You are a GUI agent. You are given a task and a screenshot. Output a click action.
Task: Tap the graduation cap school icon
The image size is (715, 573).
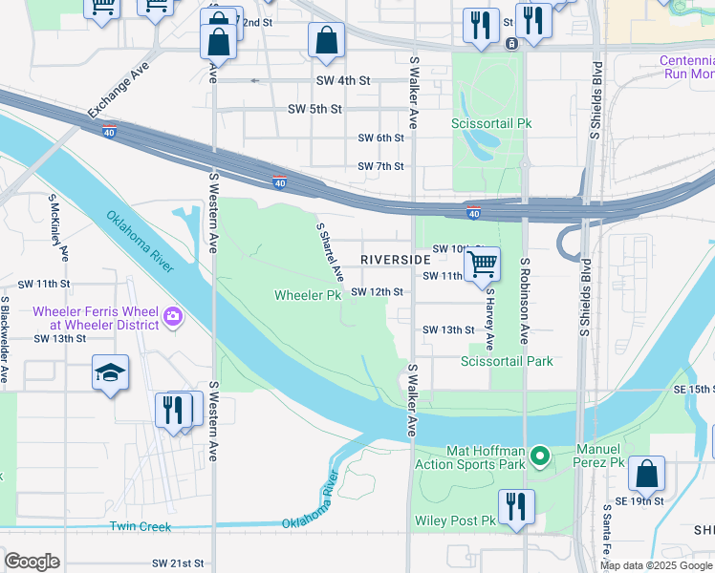pyautogui.click(x=110, y=373)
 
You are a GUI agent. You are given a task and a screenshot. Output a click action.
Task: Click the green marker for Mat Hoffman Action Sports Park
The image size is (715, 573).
pyautogui.click(x=540, y=456)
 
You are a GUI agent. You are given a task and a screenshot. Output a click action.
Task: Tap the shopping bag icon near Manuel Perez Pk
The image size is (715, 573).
pyautogui.click(x=647, y=474)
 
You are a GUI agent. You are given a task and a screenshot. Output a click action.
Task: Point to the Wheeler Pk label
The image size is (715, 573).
pyautogui.click(x=308, y=295)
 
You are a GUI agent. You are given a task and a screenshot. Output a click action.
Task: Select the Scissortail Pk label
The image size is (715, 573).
pyautogui.click(x=491, y=123)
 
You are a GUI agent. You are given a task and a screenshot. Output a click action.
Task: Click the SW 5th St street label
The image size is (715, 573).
pyautogui.click(x=314, y=109)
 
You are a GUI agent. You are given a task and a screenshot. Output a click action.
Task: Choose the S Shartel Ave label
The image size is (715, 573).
pyautogui.click(x=330, y=252)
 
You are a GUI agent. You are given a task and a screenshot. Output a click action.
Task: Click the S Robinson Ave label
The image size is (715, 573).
pyautogui.click(x=525, y=300)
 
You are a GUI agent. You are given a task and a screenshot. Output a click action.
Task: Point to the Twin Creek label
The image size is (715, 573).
pyautogui.click(x=140, y=526)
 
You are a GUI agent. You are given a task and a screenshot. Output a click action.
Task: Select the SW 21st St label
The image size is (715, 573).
pyautogui.click(x=180, y=563)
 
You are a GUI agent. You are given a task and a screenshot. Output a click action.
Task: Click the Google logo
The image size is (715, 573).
pyautogui.click(x=32, y=562)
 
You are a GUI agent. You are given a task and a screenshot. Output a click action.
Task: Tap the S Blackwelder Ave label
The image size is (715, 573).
pyautogui.click(x=5, y=340)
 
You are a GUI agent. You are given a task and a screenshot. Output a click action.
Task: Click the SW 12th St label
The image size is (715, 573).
pyautogui.click(x=377, y=291)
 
